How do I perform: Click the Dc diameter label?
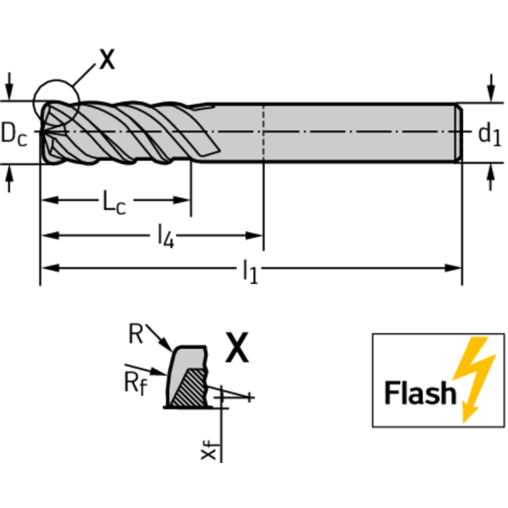point(14,134)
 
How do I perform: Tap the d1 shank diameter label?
point(489,134)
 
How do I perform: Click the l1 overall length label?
point(250,271)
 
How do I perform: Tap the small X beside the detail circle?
point(107,59)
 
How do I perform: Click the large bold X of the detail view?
point(237,347)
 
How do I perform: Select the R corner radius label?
point(136,334)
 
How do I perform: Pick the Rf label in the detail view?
point(135,383)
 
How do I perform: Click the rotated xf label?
point(209,449)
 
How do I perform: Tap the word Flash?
point(420,392)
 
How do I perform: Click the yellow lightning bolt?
point(474,379)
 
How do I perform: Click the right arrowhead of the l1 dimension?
point(453,268)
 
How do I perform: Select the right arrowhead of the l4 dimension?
point(254,236)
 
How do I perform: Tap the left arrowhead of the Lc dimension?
point(50,200)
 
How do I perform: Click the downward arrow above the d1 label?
point(491,88)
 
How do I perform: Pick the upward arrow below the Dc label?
point(9,179)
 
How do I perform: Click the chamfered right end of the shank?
point(459,133)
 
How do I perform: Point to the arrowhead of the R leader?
point(166,344)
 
